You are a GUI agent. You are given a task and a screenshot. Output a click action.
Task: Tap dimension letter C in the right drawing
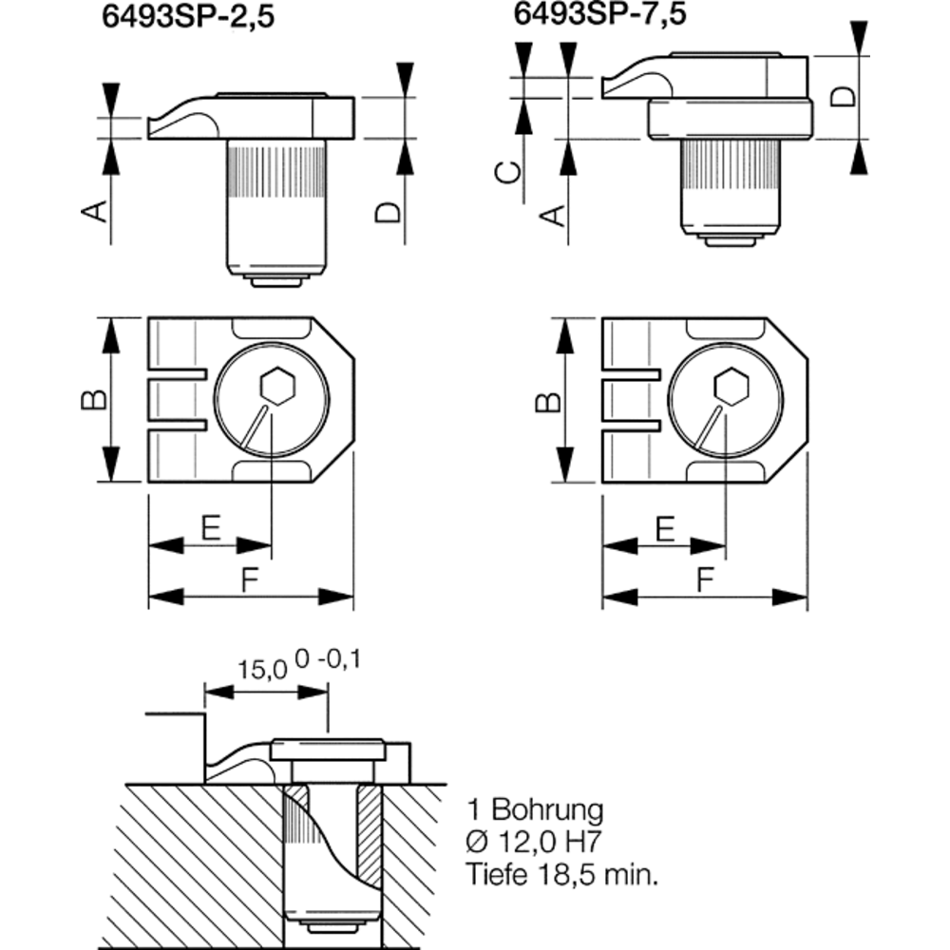tap(510, 171)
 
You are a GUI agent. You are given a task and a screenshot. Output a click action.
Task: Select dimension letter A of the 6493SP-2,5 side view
tap(95, 212)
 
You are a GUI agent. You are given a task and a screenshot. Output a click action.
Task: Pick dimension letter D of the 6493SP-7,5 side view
tap(843, 96)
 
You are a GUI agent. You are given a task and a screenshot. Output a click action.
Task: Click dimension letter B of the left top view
tap(92, 400)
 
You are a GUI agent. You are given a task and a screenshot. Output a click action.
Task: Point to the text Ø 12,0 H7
tap(536, 842)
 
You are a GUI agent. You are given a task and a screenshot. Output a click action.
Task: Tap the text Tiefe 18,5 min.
tap(561, 874)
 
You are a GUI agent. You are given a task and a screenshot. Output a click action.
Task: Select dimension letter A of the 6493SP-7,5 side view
tap(553, 214)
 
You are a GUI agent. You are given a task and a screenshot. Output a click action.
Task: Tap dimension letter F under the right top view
tap(704, 581)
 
